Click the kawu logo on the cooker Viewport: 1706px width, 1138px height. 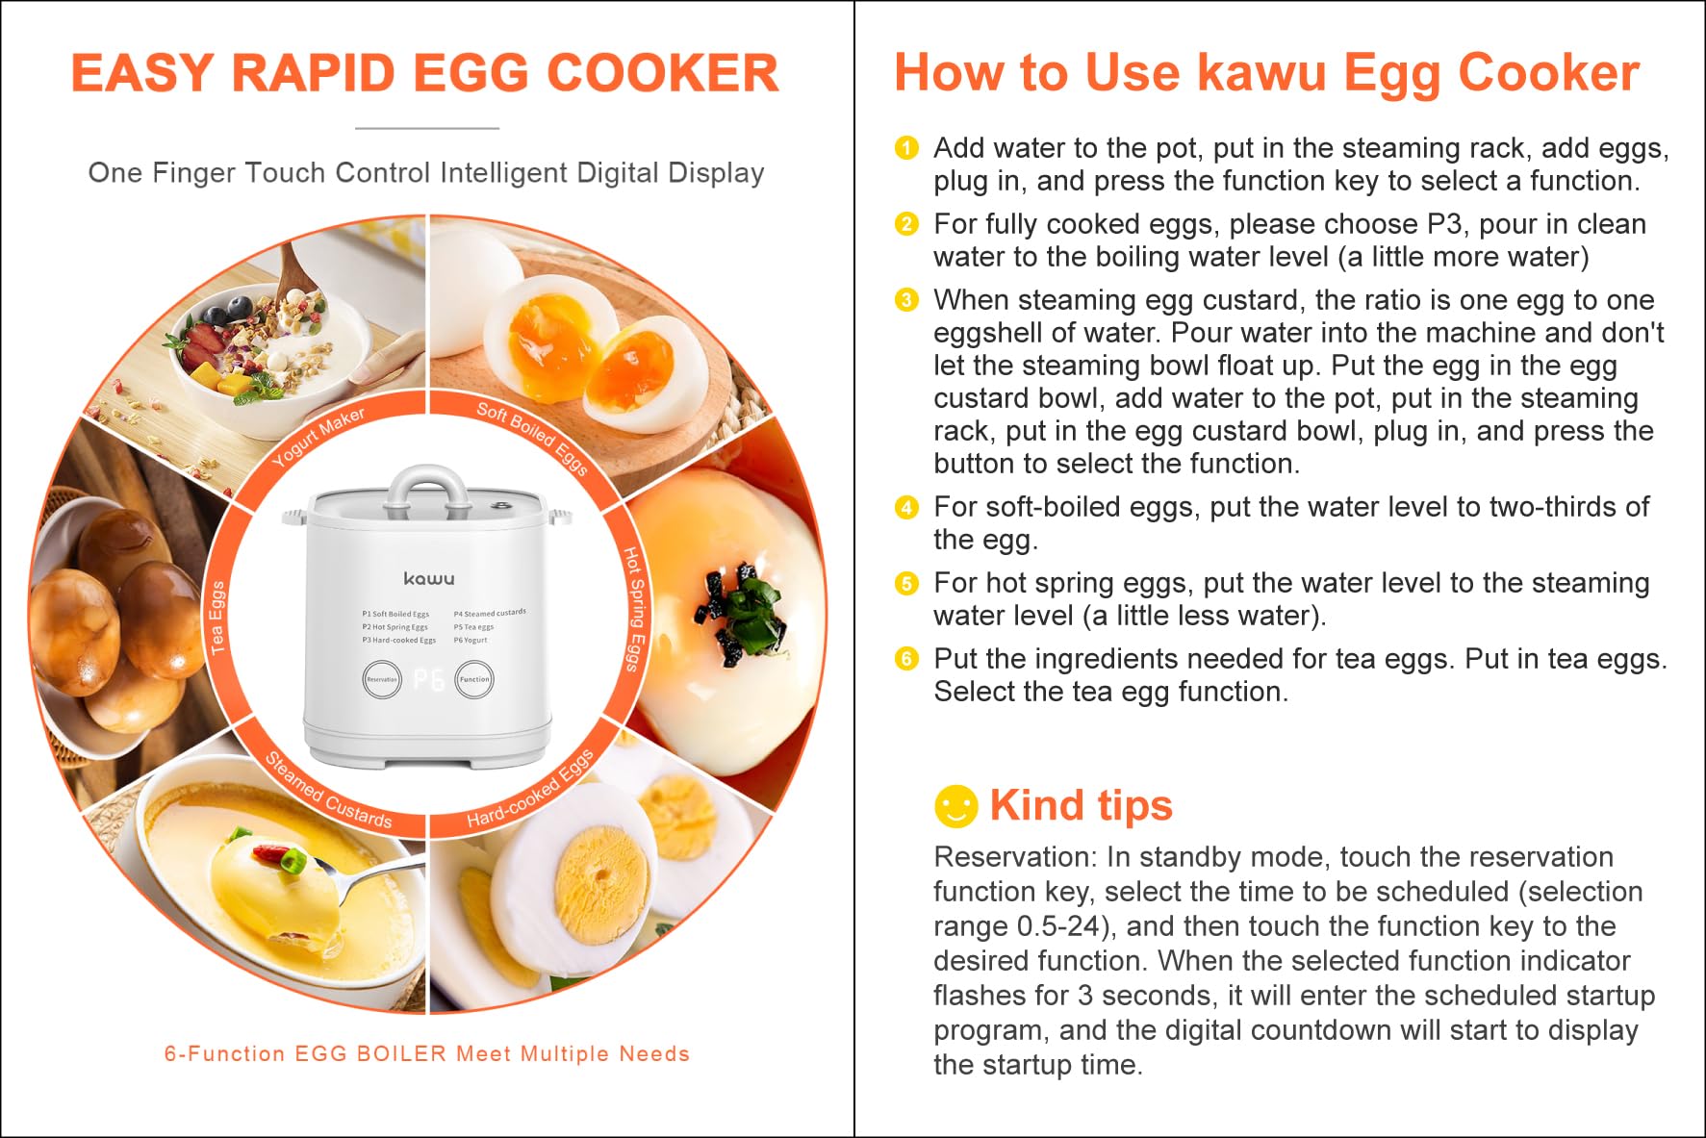click(x=428, y=578)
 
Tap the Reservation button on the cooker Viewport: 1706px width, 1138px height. click(x=382, y=679)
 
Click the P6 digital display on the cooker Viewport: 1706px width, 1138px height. click(x=428, y=680)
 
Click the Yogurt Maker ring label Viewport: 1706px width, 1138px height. click(x=318, y=437)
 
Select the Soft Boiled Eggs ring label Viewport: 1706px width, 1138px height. click(x=532, y=438)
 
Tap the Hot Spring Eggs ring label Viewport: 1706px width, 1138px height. click(x=632, y=608)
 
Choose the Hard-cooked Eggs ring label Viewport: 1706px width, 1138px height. click(x=530, y=790)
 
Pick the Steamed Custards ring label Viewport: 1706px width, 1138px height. click(x=328, y=791)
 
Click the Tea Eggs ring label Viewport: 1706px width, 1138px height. click(x=217, y=618)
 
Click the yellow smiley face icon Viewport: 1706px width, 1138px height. click(x=955, y=805)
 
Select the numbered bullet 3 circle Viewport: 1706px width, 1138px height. click(x=906, y=300)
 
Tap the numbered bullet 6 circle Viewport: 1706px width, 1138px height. click(x=906, y=659)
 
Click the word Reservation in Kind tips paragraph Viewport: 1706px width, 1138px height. click(x=1014, y=857)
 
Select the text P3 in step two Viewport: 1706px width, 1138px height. click(x=1444, y=224)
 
